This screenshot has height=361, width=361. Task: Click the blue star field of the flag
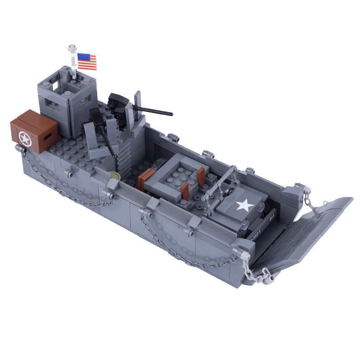pos(83,57)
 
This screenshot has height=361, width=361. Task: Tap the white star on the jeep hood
pos(244,206)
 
